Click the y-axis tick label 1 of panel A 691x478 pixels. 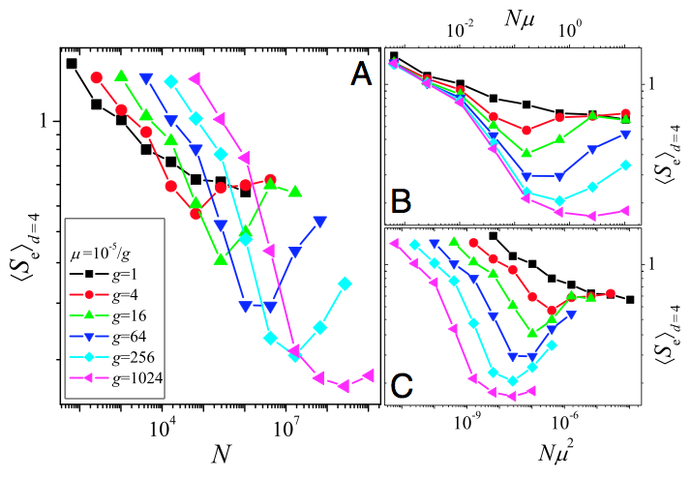click(x=44, y=122)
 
